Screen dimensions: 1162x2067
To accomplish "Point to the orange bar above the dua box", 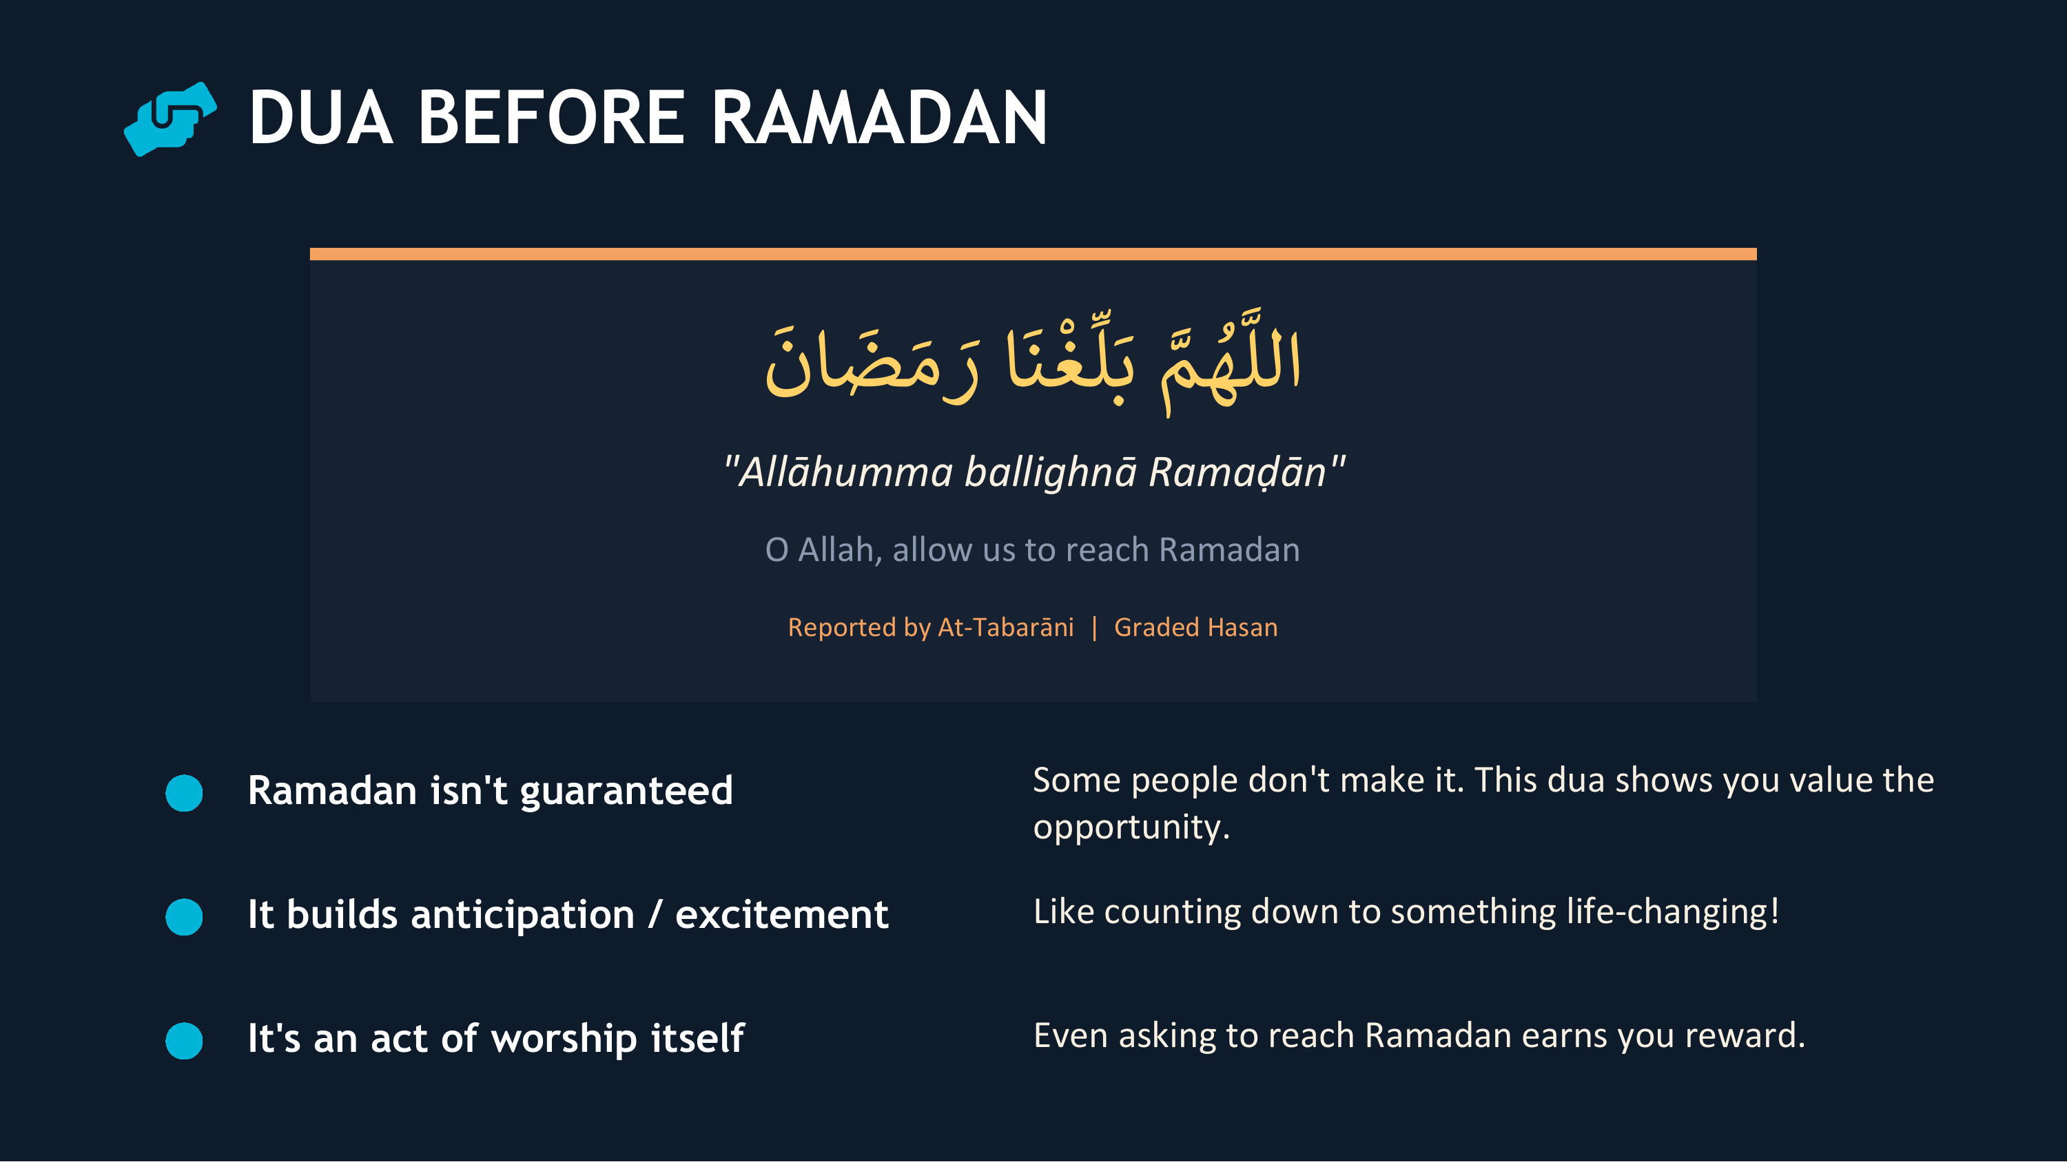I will click(1033, 254).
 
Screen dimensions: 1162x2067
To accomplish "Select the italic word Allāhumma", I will click(845, 472).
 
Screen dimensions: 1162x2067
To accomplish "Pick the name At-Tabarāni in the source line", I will click(1005, 627).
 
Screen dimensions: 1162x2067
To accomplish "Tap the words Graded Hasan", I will click(1195, 627).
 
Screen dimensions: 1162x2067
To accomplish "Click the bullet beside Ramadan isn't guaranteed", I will click(184, 793).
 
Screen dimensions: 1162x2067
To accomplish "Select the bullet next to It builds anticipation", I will click(184, 917).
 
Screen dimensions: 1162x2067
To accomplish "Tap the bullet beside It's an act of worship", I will click(184, 1041).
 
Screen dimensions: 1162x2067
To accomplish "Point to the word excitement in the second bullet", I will click(781, 915).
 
